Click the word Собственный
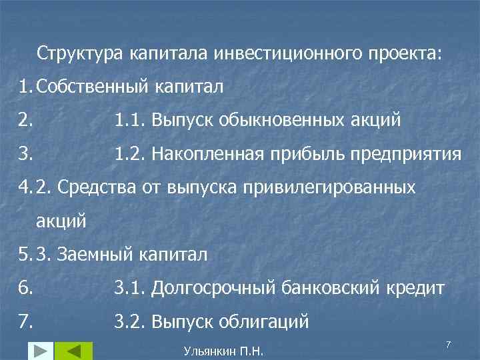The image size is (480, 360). pyautogui.click(x=95, y=86)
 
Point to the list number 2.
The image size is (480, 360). pyautogui.click(x=25, y=121)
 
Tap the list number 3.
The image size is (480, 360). pyautogui.click(x=25, y=155)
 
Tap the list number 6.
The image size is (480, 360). pyautogui.click(x=25, y=288)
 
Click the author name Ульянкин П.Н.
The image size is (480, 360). pyautogui.click(x=223, y=351)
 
